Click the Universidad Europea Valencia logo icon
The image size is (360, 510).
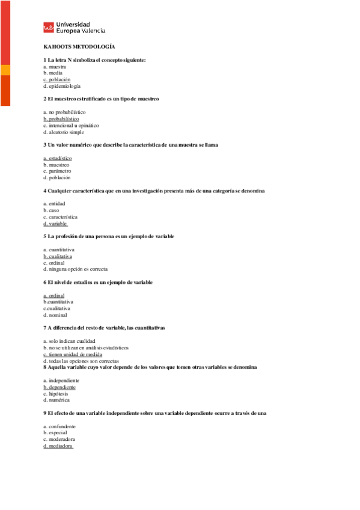(48, 27)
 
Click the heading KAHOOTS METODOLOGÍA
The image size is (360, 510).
(79, 46)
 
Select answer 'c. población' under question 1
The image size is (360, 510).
(57, 79)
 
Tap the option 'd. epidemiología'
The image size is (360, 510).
(62, 86)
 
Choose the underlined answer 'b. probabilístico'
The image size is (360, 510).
(61, 119)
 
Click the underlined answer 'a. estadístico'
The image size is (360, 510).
(58, 158)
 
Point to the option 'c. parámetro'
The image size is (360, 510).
(57, 171)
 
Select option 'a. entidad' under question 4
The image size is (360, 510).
(55, 204)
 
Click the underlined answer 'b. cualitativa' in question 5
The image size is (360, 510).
(58, 256)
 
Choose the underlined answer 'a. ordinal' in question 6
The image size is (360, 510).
(54, 295)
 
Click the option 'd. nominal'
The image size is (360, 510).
(55, 315)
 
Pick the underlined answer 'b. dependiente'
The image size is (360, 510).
(59, 387)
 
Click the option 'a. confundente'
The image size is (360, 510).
(59, 426)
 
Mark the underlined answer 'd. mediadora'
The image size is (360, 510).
(58, 446)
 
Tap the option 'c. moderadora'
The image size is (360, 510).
(59, 440)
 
